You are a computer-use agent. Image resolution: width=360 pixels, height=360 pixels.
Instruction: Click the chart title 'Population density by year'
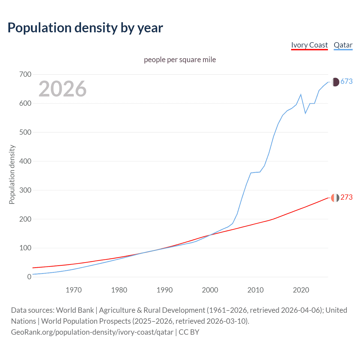coord(85,28)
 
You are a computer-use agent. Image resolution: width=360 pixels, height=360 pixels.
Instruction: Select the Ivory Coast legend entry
coord(309,45)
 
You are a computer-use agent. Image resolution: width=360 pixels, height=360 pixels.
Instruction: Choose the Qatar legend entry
coord(343,45)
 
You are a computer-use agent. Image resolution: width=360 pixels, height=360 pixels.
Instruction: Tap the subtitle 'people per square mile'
coord(180,60)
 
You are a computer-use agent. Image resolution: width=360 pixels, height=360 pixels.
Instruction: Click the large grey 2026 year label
coord(62,89)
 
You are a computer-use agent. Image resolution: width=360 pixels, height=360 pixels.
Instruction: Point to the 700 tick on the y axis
coord(25,75)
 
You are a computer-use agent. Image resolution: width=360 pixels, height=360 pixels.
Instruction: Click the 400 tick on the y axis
coord(25,161)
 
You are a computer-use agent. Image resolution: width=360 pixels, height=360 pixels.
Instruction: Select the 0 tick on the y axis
coord(29,277)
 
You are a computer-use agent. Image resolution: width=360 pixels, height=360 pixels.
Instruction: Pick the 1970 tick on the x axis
coord(74,290)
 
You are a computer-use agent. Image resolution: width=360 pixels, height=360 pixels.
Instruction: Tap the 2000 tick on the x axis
coord(210,290)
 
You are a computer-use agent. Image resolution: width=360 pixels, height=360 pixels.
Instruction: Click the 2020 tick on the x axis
coord(301,290)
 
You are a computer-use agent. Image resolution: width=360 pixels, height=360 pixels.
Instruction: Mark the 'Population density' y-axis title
coord(12,174)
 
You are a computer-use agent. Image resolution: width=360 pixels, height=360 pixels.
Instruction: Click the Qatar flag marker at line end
coord(335,82)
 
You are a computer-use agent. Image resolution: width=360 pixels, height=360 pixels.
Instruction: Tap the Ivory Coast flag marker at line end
coord(335,198)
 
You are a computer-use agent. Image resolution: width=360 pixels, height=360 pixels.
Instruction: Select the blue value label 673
coord(346,82)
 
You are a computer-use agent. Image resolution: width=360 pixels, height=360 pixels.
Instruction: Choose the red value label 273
coord(346,197)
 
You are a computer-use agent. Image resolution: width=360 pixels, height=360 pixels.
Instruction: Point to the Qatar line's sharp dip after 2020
coord(305,113)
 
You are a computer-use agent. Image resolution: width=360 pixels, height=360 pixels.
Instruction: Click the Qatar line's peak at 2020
coord(301,94)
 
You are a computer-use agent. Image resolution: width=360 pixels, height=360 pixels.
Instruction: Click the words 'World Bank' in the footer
coord(75,310)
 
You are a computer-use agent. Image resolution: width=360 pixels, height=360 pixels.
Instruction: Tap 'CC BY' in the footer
coord(189,332)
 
